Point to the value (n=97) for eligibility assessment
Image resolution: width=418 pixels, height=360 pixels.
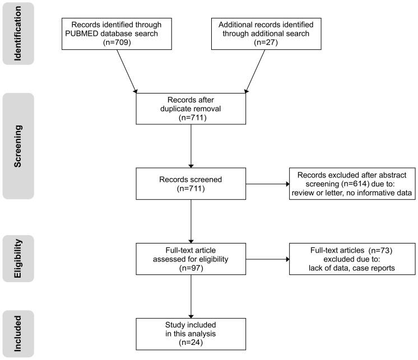[192, 268]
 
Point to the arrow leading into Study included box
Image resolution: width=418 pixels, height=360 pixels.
[192, 297]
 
